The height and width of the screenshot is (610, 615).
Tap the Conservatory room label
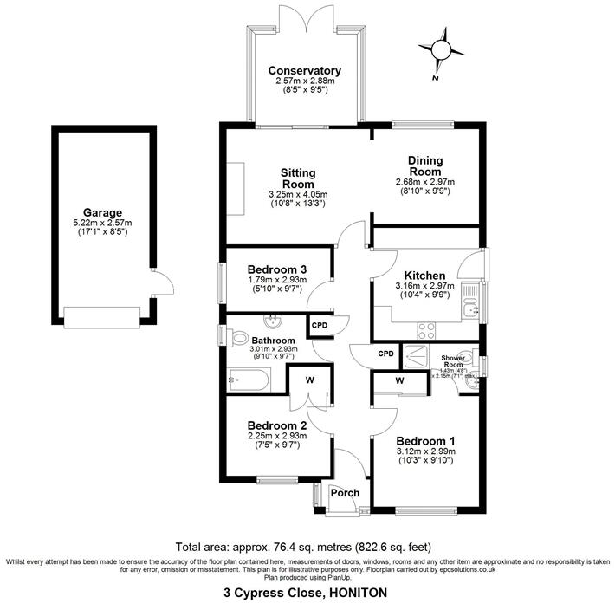coord(304,71)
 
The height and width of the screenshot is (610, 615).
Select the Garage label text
coord(102,212)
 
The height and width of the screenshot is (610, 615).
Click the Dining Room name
coord(425,166)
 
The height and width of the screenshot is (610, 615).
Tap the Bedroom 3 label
coord(278,269)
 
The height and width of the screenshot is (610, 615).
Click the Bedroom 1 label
coord(424,441)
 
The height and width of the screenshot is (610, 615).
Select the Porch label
coord(344,493)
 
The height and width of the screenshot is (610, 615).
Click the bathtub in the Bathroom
coord(249,378)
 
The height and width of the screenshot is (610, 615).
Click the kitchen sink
coord(472,307)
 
